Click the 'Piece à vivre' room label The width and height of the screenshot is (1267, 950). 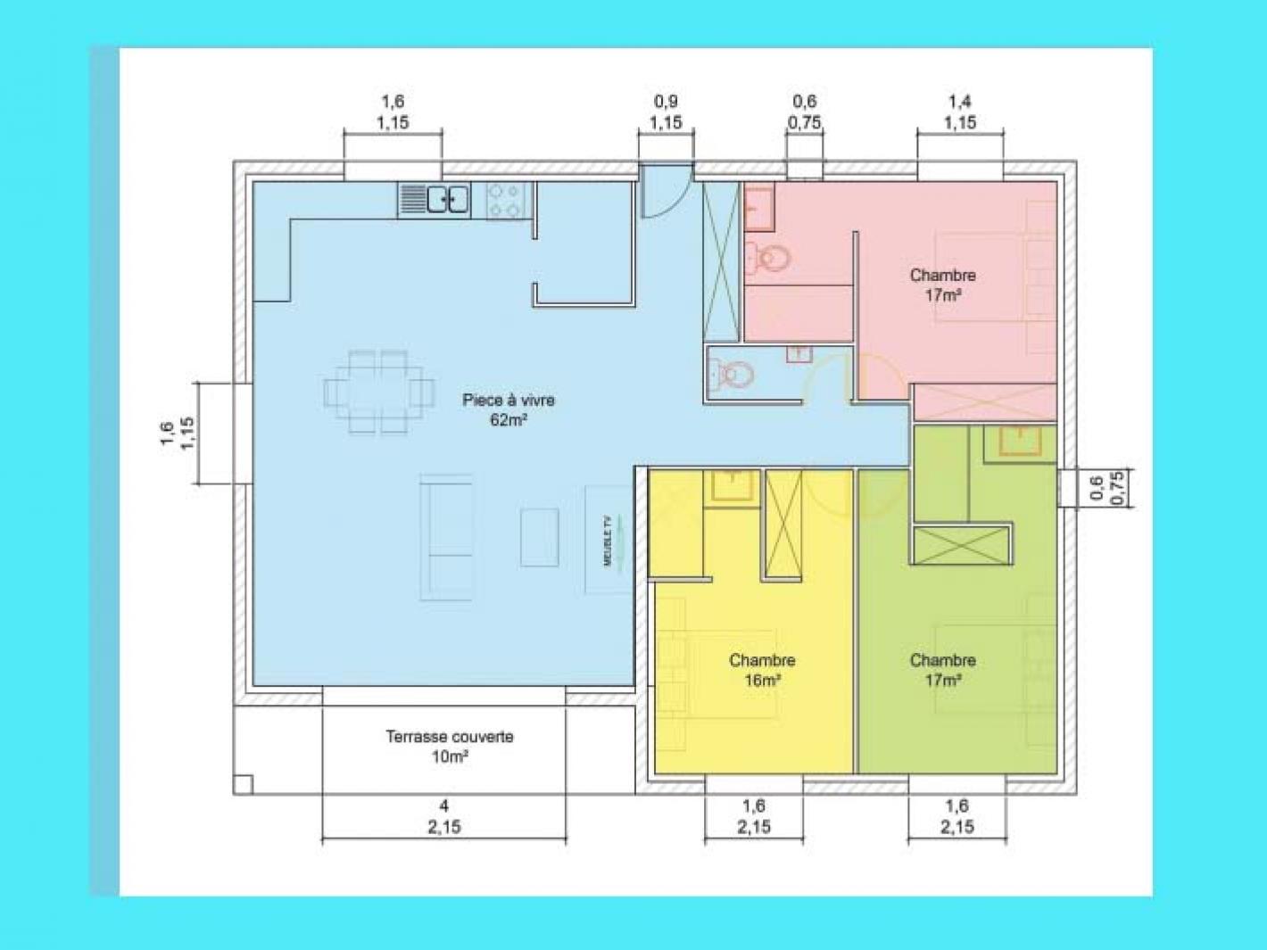click(508, 400)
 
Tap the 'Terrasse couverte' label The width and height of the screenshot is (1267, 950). click(450, 737)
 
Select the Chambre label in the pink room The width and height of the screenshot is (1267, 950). click(942, 275)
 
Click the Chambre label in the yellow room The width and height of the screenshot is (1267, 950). click(762, 660)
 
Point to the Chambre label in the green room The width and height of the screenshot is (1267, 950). click(942, 660)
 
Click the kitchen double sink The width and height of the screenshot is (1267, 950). click(447, 200)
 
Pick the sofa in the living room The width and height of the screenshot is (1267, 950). click(445, 538)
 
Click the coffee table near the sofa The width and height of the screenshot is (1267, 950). click(539, 537)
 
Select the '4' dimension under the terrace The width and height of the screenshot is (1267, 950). click(443, 805)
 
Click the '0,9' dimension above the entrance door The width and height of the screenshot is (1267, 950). click(666, 102)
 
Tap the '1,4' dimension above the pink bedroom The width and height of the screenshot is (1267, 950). click(960, 102)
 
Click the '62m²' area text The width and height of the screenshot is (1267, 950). click(508, 420)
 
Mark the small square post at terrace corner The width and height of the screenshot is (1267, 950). click(243, 784)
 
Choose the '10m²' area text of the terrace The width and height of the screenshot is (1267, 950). click(450, 756)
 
